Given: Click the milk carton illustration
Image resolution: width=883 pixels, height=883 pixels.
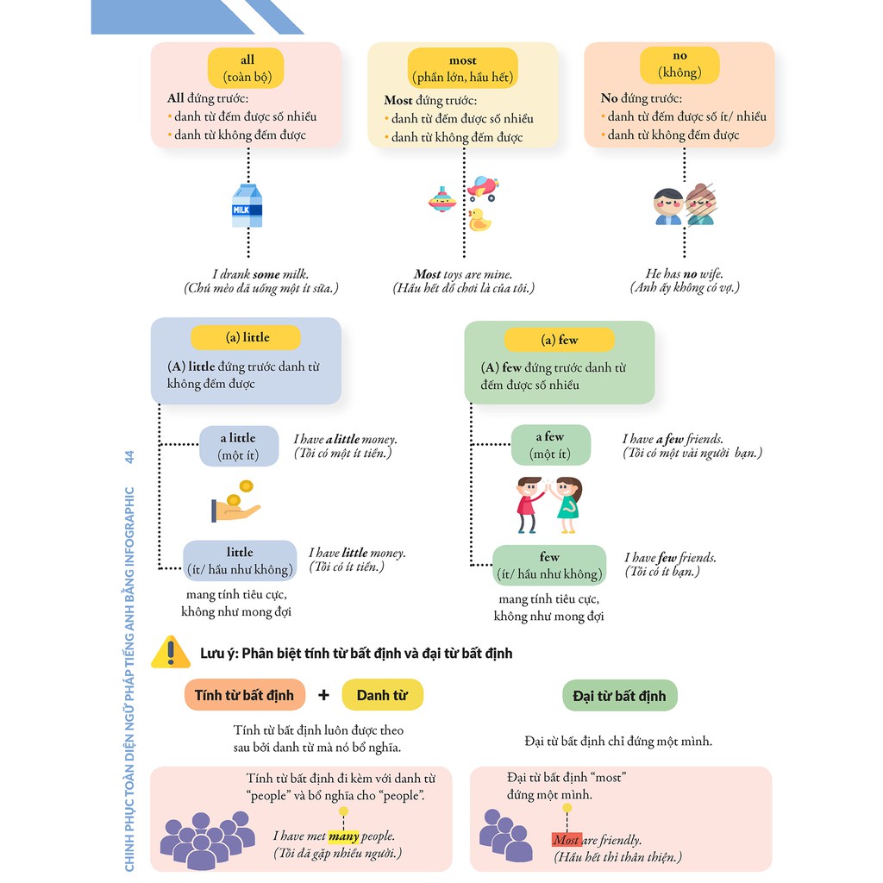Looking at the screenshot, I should pos(247,205).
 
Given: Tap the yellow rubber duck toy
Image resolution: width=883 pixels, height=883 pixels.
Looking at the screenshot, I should pos(479,220).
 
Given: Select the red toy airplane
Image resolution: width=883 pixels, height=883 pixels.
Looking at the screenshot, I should pos(483,187).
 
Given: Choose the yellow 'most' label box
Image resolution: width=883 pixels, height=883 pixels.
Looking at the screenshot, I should pos(463,69).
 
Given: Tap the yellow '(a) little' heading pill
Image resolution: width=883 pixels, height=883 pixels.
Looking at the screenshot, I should pos(246,338).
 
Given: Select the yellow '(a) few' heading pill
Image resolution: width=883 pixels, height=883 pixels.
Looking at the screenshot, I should pos(559,340).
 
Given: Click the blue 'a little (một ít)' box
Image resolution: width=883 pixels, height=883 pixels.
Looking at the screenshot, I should pos(239,446).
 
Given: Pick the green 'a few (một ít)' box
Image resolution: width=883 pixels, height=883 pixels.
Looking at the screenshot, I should pos(550,445).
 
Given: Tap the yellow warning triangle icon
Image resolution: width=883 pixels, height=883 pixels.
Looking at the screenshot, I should pos(171,653).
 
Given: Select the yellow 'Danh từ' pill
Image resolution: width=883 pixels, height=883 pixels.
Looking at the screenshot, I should pos(382,695).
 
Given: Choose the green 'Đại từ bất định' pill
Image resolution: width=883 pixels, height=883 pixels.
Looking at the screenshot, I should pos(619,696).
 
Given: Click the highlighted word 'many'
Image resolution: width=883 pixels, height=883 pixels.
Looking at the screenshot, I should pos(343,836).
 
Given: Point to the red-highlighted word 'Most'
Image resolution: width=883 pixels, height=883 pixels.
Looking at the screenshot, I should pos(567,840).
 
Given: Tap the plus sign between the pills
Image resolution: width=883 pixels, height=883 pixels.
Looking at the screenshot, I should pos(323,695).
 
